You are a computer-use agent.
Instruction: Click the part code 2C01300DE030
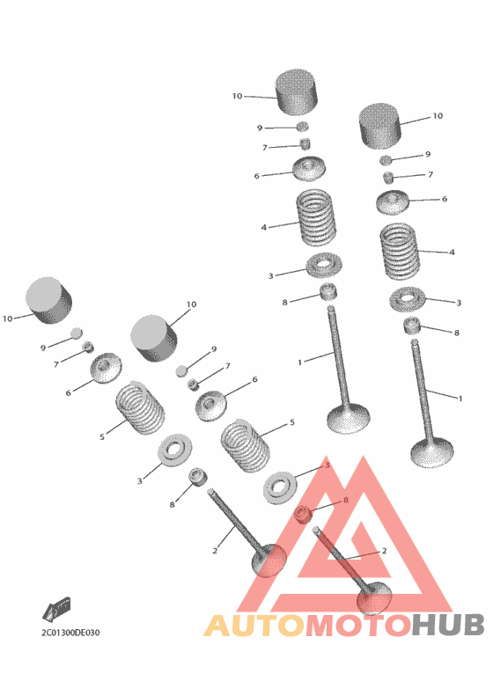[x=70, y=633]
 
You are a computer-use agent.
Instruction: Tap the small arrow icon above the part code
[x=56, y=609]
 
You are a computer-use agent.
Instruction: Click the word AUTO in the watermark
[x=254, y=625]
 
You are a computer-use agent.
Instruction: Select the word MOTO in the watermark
[x=358, y=625]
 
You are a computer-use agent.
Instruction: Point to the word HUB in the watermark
[x=448, y=625]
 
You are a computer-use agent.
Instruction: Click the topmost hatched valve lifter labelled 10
[x=297, y=92]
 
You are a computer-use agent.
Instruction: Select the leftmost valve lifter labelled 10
[x=48, y=301]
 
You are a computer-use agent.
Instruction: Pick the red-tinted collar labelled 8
[x=303, y=515]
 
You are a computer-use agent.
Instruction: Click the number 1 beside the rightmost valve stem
[x=460, y=399]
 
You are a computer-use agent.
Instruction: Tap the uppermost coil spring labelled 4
[x=316, y=216]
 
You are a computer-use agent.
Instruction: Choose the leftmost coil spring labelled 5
[x=141, y=407]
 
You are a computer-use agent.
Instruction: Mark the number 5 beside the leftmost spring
[x=102, y=436]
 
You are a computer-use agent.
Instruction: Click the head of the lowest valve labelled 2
[x=374, y=597]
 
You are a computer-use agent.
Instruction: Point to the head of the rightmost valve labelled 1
[x=432, y=453]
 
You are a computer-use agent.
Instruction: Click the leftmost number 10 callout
[x=7, y=319]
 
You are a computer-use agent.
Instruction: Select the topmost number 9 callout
[x=260, y=128]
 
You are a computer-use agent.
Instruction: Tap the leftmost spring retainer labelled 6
[x=106, y=368]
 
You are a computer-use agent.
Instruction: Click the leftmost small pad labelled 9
[x=76, y=333]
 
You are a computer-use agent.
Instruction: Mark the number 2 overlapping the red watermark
[x=384, y=550]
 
